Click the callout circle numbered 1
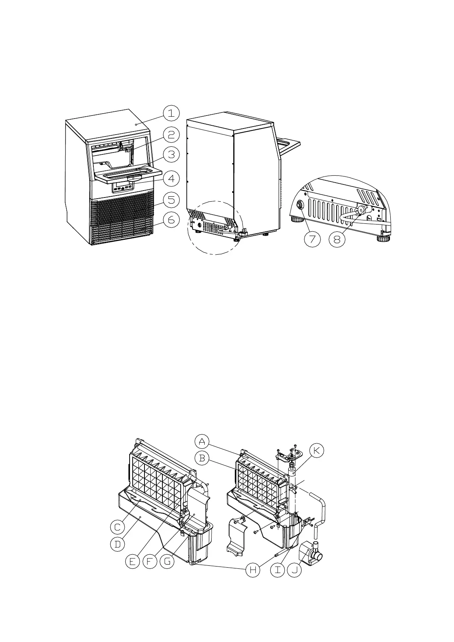172,113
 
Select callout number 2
172,135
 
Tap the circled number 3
172,155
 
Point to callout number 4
172,178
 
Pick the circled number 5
172,199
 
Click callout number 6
172,220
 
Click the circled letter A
202,442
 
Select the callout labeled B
202,458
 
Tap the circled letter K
317,451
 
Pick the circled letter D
117,544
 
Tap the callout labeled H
252,571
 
